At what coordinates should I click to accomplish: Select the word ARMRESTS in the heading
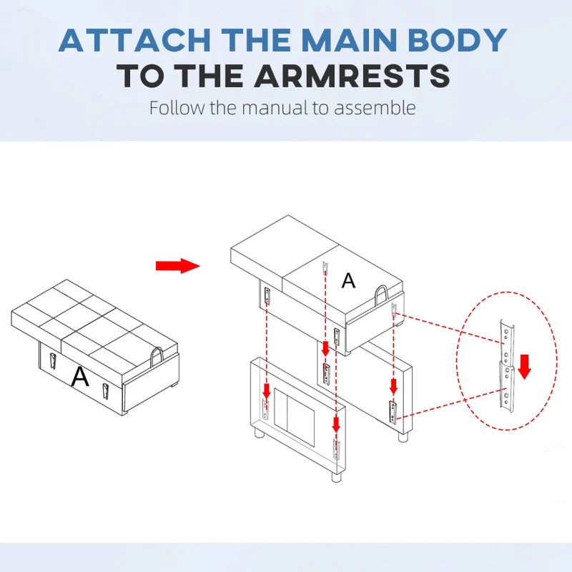352,76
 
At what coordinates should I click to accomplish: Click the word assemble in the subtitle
375,108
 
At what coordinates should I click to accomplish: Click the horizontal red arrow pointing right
177,265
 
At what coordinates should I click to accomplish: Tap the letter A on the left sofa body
80,377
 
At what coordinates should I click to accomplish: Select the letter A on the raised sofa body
348,280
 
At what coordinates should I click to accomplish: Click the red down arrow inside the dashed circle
525,367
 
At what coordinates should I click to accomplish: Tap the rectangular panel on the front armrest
294,417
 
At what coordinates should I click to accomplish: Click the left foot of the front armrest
260,433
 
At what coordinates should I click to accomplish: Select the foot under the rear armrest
403,437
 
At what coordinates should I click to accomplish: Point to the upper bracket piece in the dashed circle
507,343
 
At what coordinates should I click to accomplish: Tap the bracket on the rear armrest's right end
393,413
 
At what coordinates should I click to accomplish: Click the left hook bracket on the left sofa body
53,361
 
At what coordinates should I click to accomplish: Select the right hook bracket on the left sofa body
105,392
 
